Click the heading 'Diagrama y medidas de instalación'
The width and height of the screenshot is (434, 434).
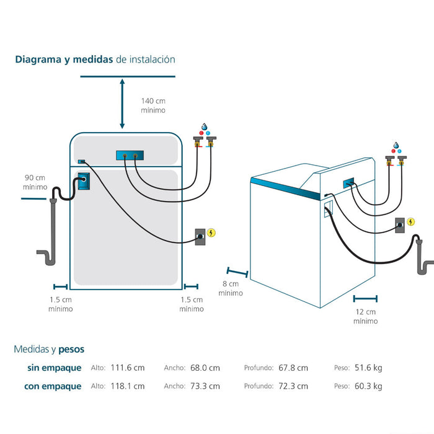(x=95, y=60)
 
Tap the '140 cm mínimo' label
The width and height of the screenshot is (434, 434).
(x=153, y=105)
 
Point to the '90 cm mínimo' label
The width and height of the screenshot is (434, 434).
(x=35, y=182)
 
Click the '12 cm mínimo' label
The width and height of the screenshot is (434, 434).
(x=365, y=316)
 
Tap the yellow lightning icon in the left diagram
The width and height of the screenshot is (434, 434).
(x=212, y=233)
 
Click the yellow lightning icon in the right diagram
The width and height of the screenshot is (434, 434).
(x=410, y=221)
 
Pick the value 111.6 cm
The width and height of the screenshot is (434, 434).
(x=127, y=368)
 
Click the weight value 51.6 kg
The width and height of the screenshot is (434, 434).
(x=368, y=368)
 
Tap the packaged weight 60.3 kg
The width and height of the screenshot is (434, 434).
(x=368, y=386)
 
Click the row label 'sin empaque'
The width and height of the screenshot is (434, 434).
(x=54, y=368)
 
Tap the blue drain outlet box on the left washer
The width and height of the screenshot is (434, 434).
(x=82, y=182)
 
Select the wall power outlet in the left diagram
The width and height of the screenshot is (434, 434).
(x=201, y=236)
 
